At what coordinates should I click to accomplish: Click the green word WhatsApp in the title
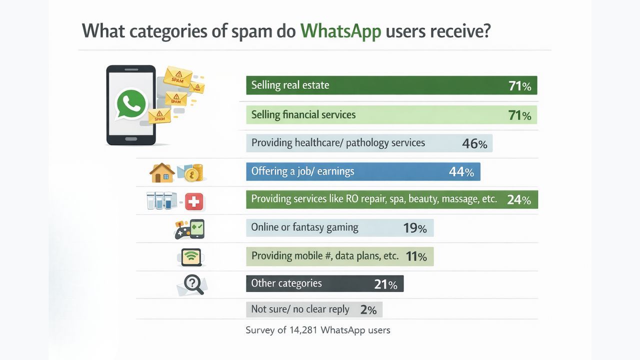click(340, 31)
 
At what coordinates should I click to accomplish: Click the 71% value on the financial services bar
click(519, 115)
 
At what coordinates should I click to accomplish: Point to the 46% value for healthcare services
click(474, 143)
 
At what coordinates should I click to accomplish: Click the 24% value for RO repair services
click(518, 199)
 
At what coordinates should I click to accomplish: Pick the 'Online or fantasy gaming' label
click(304, 227)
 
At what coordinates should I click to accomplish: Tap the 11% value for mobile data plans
click(416, 256)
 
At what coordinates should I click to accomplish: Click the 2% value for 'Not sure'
click(368, 309)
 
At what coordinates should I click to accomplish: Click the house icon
click(162, 173)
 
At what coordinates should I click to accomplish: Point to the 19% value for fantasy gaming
click(414, 228)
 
